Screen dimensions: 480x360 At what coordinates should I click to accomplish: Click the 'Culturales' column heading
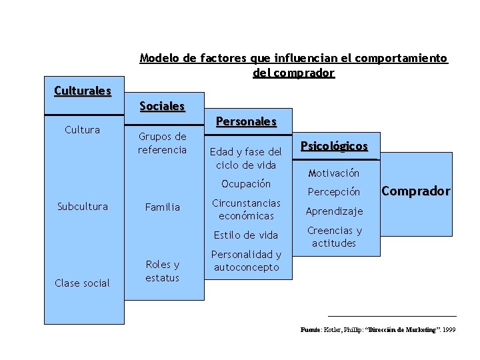point(83,90)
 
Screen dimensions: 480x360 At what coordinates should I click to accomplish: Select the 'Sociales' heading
point(162,106)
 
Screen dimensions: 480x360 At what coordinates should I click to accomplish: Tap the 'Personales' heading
point(246,121)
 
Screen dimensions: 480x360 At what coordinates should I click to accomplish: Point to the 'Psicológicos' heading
point(334,146)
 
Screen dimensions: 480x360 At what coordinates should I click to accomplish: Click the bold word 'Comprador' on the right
point(416,191)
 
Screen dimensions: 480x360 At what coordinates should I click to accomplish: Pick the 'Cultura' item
point(82,129)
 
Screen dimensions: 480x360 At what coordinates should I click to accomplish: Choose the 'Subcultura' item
point(82,206)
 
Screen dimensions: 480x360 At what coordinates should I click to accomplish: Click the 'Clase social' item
point(82,283)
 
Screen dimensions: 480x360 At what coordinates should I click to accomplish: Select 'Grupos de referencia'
point(162,143)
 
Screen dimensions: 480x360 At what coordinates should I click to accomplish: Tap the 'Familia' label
point(163,207)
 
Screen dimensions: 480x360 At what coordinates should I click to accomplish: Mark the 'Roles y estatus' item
point(163,271)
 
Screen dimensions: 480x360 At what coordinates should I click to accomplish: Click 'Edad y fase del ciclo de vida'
point(246,158)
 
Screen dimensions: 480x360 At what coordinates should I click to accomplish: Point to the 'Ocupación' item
point(246,183)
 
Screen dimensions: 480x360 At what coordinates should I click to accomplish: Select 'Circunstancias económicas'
point(246,209)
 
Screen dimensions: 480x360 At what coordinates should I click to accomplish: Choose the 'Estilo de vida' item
point(246,235)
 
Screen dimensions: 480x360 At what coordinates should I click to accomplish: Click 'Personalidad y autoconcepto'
point(246,261)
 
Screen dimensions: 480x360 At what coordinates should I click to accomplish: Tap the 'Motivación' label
point(334,173)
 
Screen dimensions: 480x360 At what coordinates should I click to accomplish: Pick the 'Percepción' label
point(334,192)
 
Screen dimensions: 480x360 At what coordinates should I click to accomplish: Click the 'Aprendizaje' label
point(334,211)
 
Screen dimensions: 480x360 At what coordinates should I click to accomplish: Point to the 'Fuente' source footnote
point(378,330)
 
